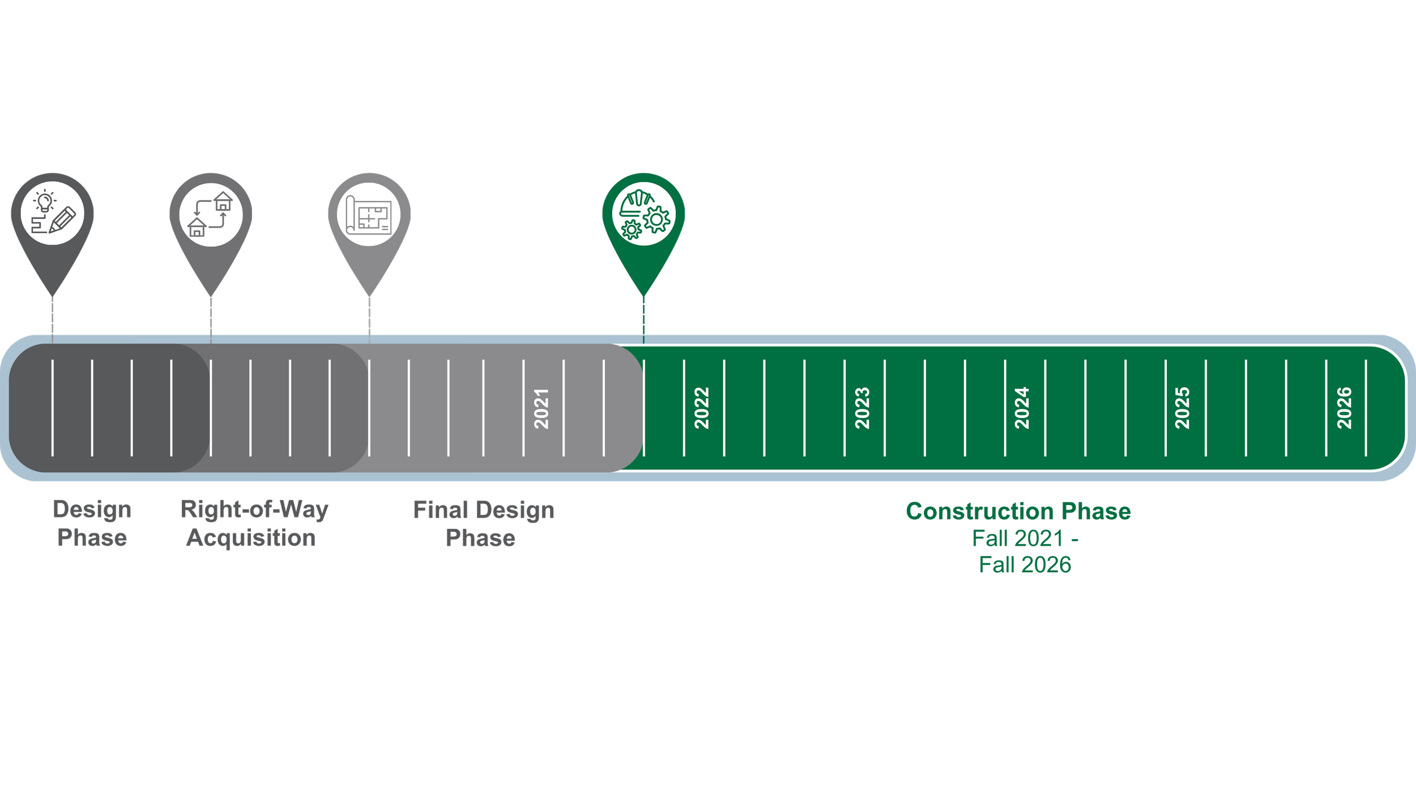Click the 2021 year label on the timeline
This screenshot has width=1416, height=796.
tap(541, 408)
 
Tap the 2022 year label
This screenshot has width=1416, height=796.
tap(702, 408)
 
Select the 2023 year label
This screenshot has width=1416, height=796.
tap(862, 408)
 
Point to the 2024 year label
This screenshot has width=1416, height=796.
tap(1022, 408)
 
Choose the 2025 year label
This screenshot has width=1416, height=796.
tap(1182, 408)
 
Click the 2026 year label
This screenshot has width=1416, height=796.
tap(1344, 408)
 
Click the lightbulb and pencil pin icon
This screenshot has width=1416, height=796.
tap(53, 214)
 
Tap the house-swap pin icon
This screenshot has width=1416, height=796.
tap(211, 214)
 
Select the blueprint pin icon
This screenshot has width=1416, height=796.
tap(369, 214)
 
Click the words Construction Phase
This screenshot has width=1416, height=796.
tap(1018, 511)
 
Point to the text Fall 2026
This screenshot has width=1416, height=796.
tap(1025, 564)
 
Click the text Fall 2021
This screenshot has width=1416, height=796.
tap(1017, 538)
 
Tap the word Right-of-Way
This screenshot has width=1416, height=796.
tap(254, 510)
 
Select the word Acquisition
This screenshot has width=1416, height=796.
tap(251, 538)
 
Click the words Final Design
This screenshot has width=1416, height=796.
tap(484, 510)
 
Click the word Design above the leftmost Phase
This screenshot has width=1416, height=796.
tap(92, 510)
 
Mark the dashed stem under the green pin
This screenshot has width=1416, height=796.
tap(643, 318)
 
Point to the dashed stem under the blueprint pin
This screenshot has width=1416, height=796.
tap(369, 318)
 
